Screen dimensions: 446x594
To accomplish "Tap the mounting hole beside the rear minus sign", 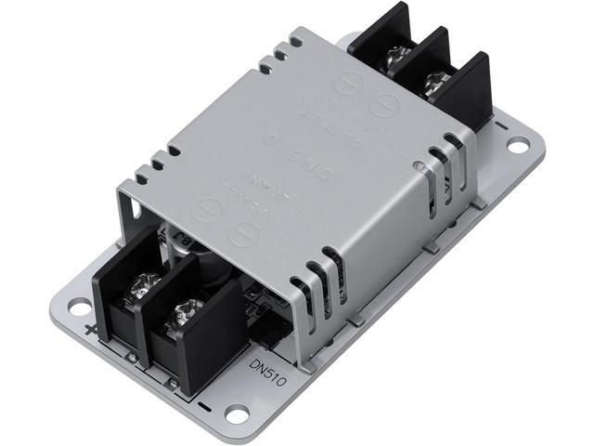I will tap(516, 145).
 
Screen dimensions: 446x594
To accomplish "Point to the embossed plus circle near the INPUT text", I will tap(203, 211).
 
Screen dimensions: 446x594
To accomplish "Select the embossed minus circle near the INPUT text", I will tap(242, 232).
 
